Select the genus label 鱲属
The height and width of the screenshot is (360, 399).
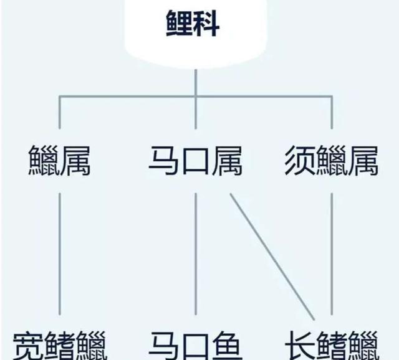(x=60, y=160)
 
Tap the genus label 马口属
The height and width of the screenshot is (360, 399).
(x=196, y=160)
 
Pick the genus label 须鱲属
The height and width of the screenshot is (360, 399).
(x=330, y=160)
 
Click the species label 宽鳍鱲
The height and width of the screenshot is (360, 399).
(x=60, y=346)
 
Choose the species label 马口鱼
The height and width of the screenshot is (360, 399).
(x=196, y=346)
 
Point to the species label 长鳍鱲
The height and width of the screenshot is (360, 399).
(x=330, y=346)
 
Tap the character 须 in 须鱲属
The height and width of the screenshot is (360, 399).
(x=299, y=160)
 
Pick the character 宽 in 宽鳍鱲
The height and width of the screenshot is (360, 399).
(x=29, y=346)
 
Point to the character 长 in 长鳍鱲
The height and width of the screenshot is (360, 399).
(x=300, y=346)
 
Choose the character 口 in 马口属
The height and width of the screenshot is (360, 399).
(x=196, y=160)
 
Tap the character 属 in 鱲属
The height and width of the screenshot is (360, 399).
(x=75, y=160)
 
